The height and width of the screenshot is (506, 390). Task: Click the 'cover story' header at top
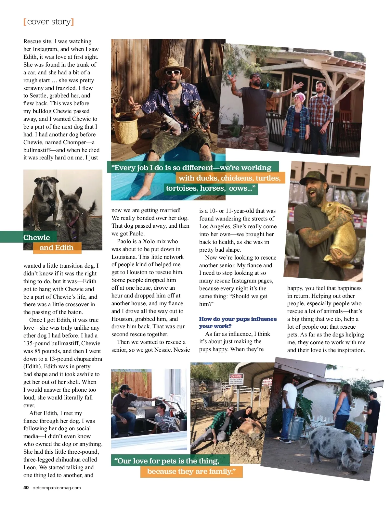tap(49, 22)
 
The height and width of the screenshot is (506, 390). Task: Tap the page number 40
tap(26, 487)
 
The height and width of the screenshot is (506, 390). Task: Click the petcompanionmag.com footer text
tap(57, 487)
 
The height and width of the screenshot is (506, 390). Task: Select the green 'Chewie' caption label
tap(36, 237)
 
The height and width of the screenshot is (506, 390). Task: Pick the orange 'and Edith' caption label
tap(57, 247)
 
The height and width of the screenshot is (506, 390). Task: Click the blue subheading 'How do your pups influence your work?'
tap(238, 323)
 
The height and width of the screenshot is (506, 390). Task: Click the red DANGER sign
tap(236, 377)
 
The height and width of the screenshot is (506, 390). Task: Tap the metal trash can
tap(296, 428)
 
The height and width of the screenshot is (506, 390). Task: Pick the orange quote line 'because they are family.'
tap(191, 472)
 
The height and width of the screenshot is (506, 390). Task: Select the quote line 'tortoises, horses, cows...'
tap(210, 189)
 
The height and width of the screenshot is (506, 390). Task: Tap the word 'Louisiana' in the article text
tap(124, 257)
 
